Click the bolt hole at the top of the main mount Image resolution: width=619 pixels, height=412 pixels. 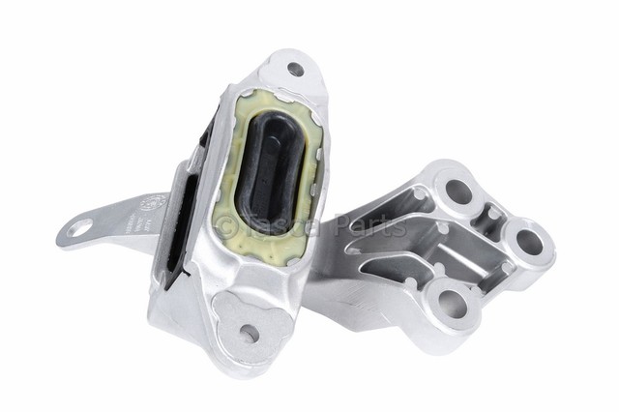pos(295,69)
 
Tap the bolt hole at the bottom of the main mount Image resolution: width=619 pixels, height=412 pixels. pos(249,333)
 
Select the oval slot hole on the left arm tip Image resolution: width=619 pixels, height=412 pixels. pos(78,227)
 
